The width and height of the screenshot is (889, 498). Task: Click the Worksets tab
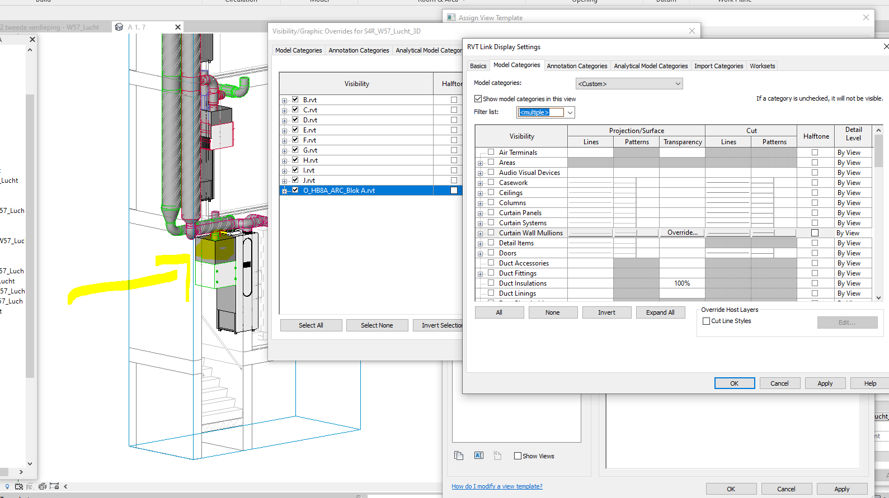click(x=762, y=66)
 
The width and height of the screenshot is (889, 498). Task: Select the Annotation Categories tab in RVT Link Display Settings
click(x=577, y=66)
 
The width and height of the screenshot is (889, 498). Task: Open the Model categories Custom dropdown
click(x=629, y=84)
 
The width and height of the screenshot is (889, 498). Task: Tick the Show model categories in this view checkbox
click(x=478, y=99)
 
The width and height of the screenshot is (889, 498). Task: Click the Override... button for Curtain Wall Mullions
click(x=682, y=233)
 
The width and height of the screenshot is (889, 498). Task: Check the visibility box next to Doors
click(x=491, y=253)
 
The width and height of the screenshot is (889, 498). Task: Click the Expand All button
click(x=660, y=312)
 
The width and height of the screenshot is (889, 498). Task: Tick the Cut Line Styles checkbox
click(x=707, y=321)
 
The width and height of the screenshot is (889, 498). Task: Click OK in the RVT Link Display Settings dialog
click(x=734, y=383)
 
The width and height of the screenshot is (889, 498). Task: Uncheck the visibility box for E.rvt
click(x=295, y=130)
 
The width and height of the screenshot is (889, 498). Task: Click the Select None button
click(x=377, y=325)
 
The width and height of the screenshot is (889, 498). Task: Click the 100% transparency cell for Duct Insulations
click(x=682, y=283)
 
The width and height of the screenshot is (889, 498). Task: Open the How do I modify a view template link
click(x=497, y=486)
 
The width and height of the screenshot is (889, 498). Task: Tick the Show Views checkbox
click(x=518, y=456)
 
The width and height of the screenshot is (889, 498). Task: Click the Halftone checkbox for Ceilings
click(x=815, y=193)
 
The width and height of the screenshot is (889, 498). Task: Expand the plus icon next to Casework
click(x=480, y=183)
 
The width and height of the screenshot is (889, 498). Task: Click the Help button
click(x=869, y=383)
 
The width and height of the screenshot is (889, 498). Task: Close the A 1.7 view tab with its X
click(x=178, y=27)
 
